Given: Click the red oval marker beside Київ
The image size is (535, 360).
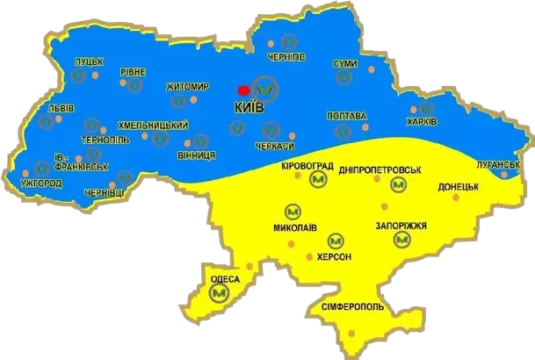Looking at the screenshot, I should (x=243, y=90).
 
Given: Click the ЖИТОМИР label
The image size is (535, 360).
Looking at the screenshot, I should (x=188, y=87).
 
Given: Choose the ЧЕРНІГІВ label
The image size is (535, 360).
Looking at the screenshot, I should (x=286, y=55).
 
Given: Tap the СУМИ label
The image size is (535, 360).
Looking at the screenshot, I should (x=345, y=64).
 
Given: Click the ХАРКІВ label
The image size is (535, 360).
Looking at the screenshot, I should (x=422, y=120).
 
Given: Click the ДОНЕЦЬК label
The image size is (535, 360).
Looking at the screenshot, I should (x=458, y=185).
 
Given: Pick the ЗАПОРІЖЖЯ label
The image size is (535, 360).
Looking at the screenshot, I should (x=401, y=226).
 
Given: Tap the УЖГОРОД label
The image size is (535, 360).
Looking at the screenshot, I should (x=40, y=184).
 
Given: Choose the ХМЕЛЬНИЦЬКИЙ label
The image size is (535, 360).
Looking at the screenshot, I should (x=154, y=126).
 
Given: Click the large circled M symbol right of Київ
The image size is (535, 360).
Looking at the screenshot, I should (x=266, y=88).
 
